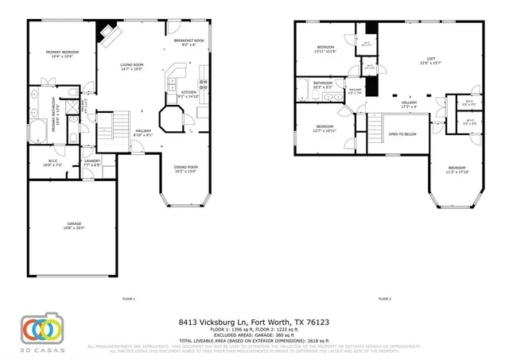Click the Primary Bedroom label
tap(57, 54)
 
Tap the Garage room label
tap(74, 226)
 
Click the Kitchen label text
tap(188, 94)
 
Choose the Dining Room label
tap(185, 168)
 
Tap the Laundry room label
tap(91, 163)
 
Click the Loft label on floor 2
tap(430, 61)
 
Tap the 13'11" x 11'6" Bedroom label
tap(325, 49)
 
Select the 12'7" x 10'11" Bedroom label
tap(324, 128)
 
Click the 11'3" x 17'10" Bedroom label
tap(457, 169)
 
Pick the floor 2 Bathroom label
tap(323, 84)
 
